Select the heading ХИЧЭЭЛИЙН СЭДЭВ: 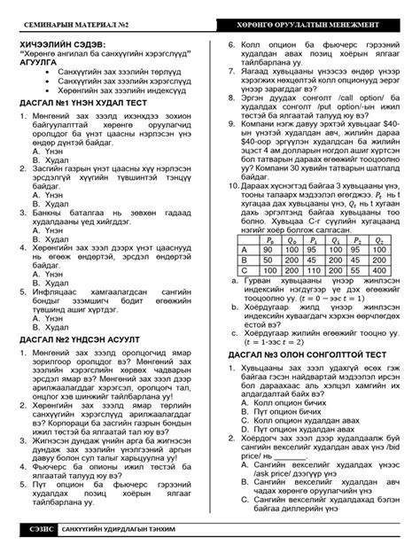(x=62, y=43)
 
